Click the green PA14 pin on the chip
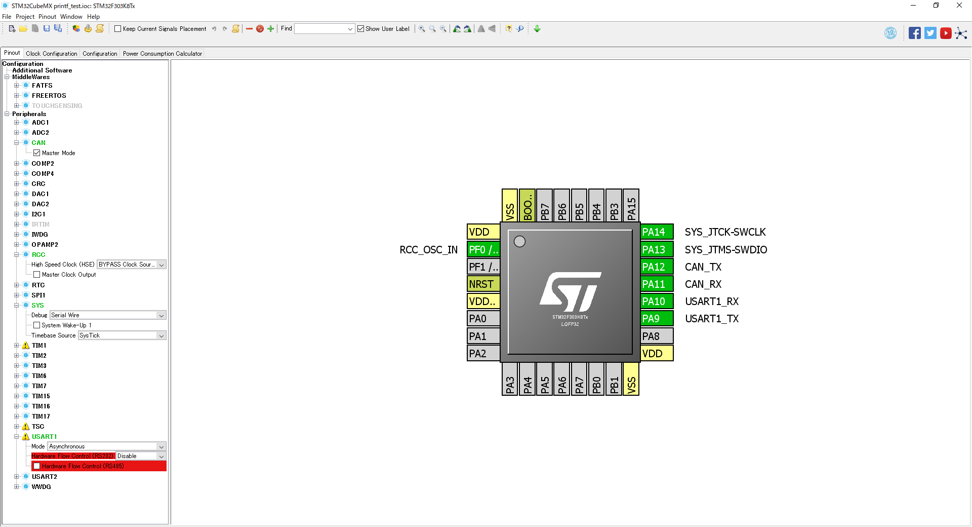point(656,232)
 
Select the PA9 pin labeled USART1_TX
point(656,319)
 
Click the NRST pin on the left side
point(483,284)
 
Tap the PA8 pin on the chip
point(656,336)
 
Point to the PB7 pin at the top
point(545,206)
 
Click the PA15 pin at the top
point(631,206)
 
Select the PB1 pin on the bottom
point(614,379)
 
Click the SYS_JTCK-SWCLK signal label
point(725,232)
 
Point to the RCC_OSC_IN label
point(428,250)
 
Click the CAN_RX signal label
point(703,284)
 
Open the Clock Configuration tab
point(52,54)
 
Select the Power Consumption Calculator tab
point(162,54)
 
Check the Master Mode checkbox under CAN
point(37,153)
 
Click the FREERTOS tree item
point(49,96)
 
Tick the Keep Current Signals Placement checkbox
point(118,29)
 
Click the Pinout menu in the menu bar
point(47,17)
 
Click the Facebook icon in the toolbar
point(914,33)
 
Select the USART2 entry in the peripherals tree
point(44,477)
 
